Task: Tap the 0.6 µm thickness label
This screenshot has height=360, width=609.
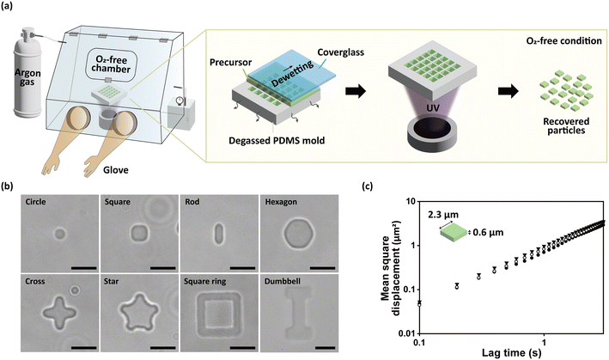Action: [x=506, y=230]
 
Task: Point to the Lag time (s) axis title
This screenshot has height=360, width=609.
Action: [x=510, y=352]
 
